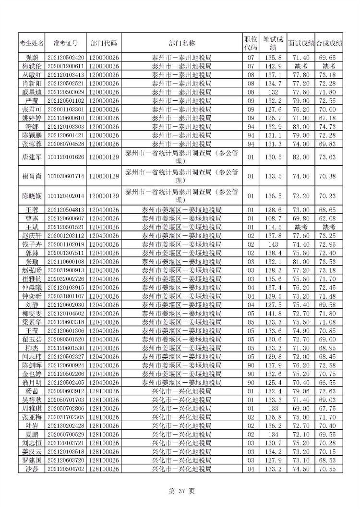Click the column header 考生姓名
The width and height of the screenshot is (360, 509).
[x=32, y=43]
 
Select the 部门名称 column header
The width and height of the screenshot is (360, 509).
[x=182, y=43]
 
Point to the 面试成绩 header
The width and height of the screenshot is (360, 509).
[x=301, y=43]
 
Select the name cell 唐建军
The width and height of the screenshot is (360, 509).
[x=32, y=157]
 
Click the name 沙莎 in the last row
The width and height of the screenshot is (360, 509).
[x=32, y=469]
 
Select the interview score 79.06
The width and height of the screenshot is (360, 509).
[x=301, y=391]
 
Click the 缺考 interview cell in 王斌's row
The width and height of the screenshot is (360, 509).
[x=301, y=227]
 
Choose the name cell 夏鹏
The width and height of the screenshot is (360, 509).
[x=32, y=435]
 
